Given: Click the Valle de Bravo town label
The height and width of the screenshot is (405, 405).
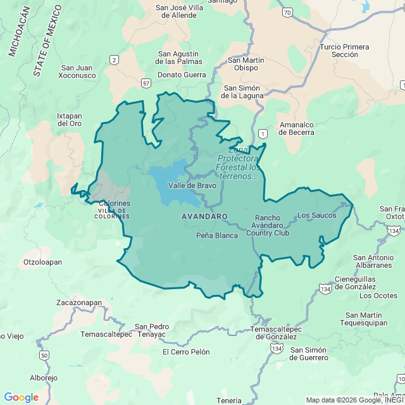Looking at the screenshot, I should coord(192,185).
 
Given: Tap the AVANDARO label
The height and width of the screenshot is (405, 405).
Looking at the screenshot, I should coord(204,216).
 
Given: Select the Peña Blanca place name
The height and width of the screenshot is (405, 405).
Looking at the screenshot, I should coord(217,235).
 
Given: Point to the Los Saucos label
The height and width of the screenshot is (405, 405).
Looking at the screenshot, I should coord(316,215).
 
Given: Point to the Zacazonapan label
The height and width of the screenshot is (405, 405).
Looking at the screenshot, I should coord(78,303).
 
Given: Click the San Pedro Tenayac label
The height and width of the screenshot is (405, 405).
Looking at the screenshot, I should coord(152,330).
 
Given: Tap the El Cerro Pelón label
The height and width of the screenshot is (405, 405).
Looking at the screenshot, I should coord(185,352).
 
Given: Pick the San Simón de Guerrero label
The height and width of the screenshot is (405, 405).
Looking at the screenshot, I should coord(309,354).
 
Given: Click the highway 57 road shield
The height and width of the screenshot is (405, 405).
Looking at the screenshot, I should coord(146,83).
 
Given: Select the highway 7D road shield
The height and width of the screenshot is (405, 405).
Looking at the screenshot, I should coord(288,12).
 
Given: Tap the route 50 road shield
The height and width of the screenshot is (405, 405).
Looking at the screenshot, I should coord(44,356).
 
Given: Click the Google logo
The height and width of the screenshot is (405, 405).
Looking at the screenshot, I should coord(21,397).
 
